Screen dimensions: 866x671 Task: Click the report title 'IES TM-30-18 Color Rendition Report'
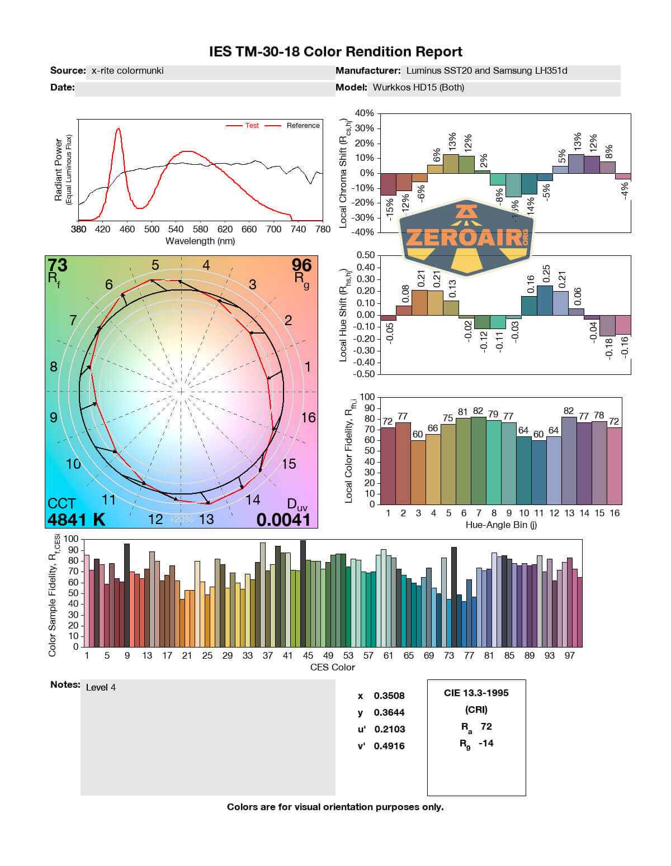point(335,52)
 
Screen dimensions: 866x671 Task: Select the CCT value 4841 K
point(76,520)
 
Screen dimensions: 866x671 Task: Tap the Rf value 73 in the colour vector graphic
point(58,264)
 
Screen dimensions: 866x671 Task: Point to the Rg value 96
point(301,264)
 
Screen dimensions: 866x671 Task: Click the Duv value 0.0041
point(283,520)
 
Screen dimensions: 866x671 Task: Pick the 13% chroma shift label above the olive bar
point(452,143)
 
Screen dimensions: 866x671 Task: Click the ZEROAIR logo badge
point(466,237)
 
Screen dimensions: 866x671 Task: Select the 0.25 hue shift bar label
point(546,274)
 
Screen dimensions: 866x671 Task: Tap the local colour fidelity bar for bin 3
point(418,472)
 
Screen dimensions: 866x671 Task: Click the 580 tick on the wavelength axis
point(201,229)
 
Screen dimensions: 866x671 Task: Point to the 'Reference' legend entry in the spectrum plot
point(303,126)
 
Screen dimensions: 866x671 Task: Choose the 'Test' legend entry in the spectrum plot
point(252,126)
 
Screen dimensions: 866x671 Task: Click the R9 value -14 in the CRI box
point(486,743)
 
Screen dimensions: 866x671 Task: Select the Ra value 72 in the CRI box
point(486,726)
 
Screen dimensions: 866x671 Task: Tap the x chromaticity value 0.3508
point(389,696)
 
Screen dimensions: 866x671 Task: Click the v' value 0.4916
point(389,746)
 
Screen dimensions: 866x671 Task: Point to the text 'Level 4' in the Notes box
point(101,687)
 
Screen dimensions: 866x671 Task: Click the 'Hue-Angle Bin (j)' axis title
point(501,525)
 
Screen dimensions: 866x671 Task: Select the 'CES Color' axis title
point(332,667)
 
